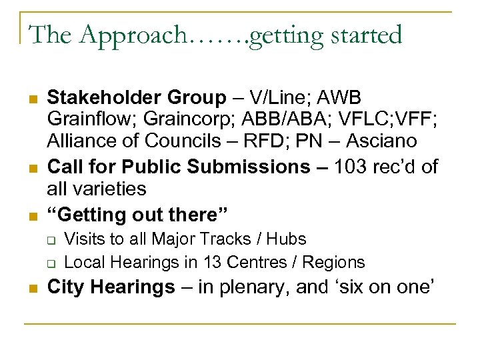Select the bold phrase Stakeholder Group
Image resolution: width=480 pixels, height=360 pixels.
[x=137, y=97]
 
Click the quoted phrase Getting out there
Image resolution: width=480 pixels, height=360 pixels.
[x=137, y=215]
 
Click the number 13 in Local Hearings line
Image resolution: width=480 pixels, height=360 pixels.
[x=203, y=262]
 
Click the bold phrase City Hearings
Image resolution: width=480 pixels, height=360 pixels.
[x=111, y=287]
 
